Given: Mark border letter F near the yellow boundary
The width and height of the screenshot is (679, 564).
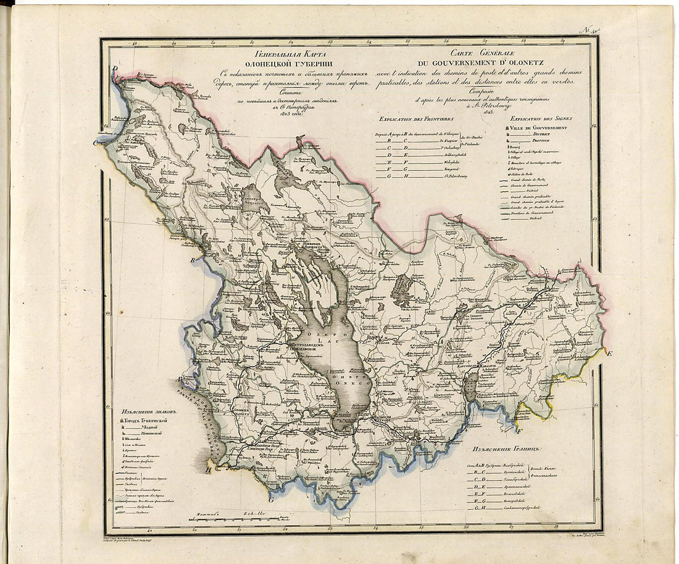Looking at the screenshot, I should [519, 431].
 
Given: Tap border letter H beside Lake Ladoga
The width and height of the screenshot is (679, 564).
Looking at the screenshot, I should [208, 470].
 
